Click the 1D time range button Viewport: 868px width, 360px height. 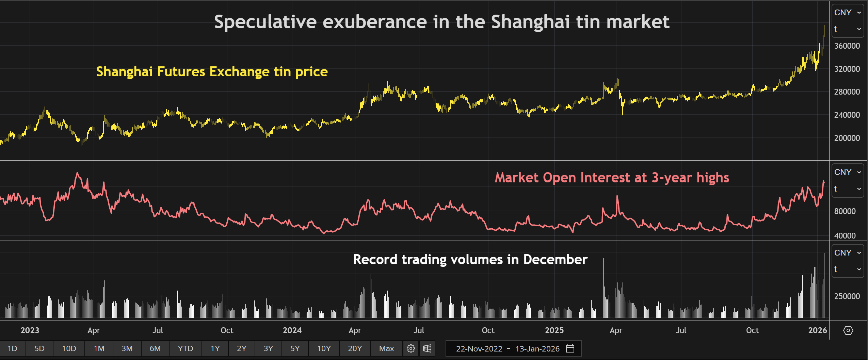pyautogui.click(x=12, y=348)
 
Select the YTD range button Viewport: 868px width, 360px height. pyautogui.click(x=185, y=348)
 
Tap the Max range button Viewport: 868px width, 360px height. pyautogui.click(x=386, y=348)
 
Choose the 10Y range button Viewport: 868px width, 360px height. pyautogui.click(x=324, y=348)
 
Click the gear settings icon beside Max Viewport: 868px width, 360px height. pyautogui.click(x=411, y=348)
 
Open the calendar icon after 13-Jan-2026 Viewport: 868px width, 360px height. pyautogui.click(x=570, y=348)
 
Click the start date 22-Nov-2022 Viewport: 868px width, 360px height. pyautogui.click(x=479, y=349)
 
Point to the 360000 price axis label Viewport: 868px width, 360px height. pyautogui.click(x=847, y=46)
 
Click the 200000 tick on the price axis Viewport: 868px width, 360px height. pyautogui.click(x=847, y=138)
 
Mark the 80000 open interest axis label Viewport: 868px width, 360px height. pyautogui.click(x=845, y=211)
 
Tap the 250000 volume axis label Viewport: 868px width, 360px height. pyautogui.click(x=847, y=296)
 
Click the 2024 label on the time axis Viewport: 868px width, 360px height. pyautogui.click(x=292, y=330)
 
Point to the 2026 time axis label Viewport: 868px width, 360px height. pyautogui.click(x=818, y=330)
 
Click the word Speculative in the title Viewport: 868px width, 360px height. pyautogui.click(x=265, y=22)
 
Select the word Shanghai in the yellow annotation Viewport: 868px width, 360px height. pyautogui.click(x=124, y=72)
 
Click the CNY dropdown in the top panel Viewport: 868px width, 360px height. pyautogui.click(x=848, y=13)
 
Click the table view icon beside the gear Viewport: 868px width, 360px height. pyautogui.click(x=427, y=348)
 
